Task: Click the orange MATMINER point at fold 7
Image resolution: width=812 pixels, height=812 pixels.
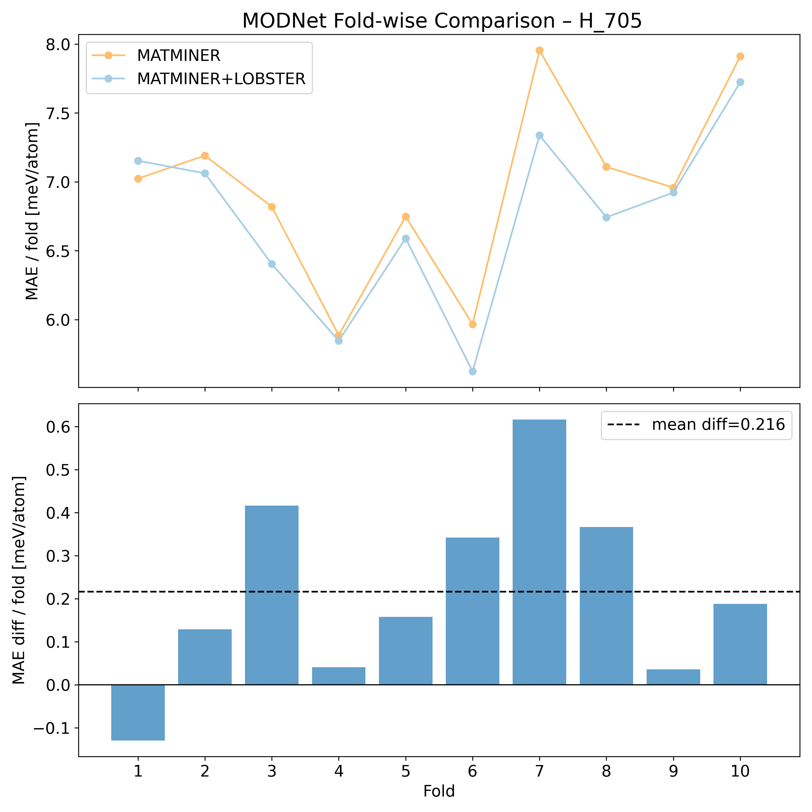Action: coord(539,50)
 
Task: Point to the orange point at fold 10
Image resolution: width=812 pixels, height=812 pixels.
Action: coord(740,56)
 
